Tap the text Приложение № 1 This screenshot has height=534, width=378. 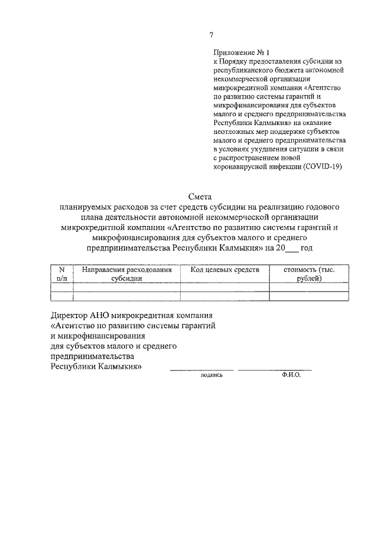[236, 53]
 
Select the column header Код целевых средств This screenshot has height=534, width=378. [224, 270]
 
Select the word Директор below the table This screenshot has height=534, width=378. [70, 313]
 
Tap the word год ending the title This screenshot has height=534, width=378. [307, 248]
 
